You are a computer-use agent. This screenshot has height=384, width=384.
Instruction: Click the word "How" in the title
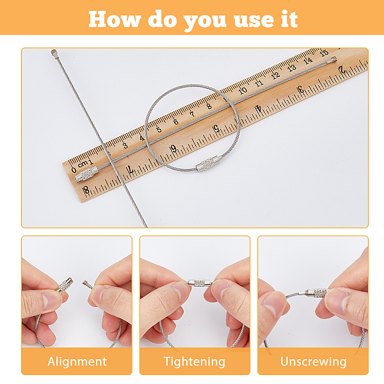(x=115, y=19)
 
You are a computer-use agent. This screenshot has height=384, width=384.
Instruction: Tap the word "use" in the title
(x=253, y=21)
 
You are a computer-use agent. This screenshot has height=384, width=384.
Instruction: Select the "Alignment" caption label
(x=77, y=362)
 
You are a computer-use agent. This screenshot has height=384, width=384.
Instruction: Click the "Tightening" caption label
(x=195, y=362)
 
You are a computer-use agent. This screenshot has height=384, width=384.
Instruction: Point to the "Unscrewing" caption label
(x=313, y=362)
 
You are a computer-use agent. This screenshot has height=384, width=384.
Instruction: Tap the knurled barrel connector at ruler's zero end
(x=86, y=173)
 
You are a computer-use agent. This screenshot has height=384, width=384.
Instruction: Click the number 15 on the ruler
(x=323, y=52)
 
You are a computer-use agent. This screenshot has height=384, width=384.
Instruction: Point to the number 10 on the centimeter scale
(x=243, y=91)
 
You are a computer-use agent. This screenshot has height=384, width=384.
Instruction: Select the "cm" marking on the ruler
(x=83, y=164)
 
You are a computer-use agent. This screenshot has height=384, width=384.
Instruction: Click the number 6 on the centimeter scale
(x=175, y=122)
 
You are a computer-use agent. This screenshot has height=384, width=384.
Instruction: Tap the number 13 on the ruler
(x=291, y=68)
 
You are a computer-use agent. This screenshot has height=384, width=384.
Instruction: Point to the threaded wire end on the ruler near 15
(x=333, y=60)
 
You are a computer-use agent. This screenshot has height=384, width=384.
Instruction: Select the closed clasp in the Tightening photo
(x=200, y=283)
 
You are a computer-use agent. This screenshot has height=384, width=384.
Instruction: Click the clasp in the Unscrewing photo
(x=316, y=292)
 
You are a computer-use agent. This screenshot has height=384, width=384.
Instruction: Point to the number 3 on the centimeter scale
(x=125, y=145)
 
